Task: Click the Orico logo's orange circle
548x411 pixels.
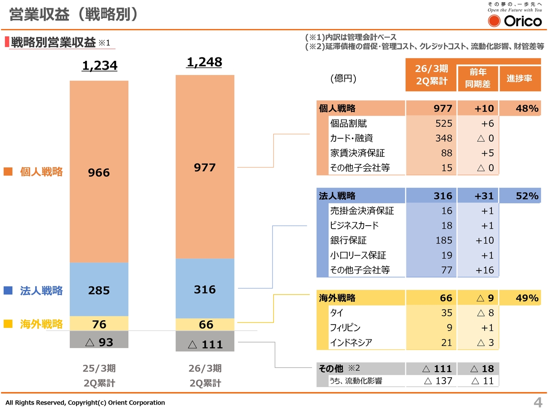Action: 494,21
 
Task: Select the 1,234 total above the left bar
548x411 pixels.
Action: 99,66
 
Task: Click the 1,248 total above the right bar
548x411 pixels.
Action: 204,62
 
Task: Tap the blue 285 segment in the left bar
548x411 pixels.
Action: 99,290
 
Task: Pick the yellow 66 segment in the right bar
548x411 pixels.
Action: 205,325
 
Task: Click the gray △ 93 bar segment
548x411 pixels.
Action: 99,342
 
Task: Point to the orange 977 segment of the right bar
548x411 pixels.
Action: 205,167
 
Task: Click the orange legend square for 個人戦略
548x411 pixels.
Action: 8,172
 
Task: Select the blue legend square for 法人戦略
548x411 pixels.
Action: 8,291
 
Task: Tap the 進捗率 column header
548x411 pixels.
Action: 519,78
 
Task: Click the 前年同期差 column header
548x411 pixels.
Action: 477,78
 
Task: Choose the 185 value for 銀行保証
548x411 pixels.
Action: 444,241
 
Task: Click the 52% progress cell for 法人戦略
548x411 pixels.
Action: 527,196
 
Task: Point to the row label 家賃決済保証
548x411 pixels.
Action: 357,153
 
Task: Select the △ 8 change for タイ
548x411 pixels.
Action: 485,313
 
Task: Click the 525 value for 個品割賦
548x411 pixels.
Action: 444,124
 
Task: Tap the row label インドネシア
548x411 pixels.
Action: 351,342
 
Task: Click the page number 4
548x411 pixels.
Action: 538,402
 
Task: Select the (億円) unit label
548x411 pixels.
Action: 343,78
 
